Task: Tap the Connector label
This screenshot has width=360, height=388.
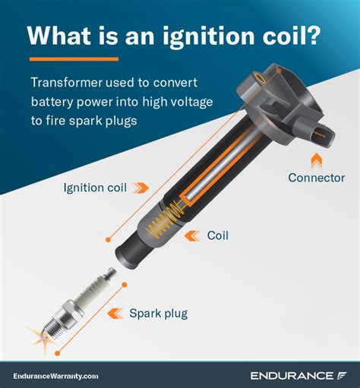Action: [x=317, y=178]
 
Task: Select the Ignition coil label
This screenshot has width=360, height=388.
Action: [x=94, y=186]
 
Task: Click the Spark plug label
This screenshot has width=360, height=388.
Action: [x=169, y=312]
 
